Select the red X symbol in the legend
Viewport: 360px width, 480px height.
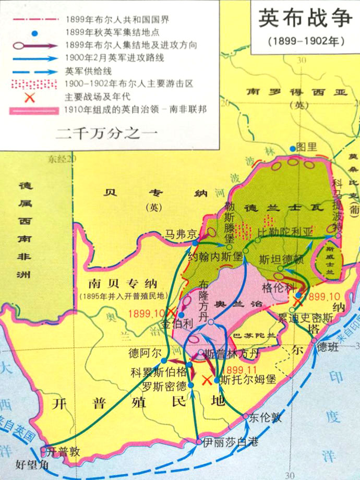click(33, 97)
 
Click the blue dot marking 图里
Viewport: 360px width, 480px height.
click(293, 149)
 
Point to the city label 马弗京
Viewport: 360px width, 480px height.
click(181, 233)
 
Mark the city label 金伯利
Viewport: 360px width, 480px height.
click(177, 325)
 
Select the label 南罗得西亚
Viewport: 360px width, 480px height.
click(297, 92)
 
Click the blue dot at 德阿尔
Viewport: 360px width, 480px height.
click(163, 361)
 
